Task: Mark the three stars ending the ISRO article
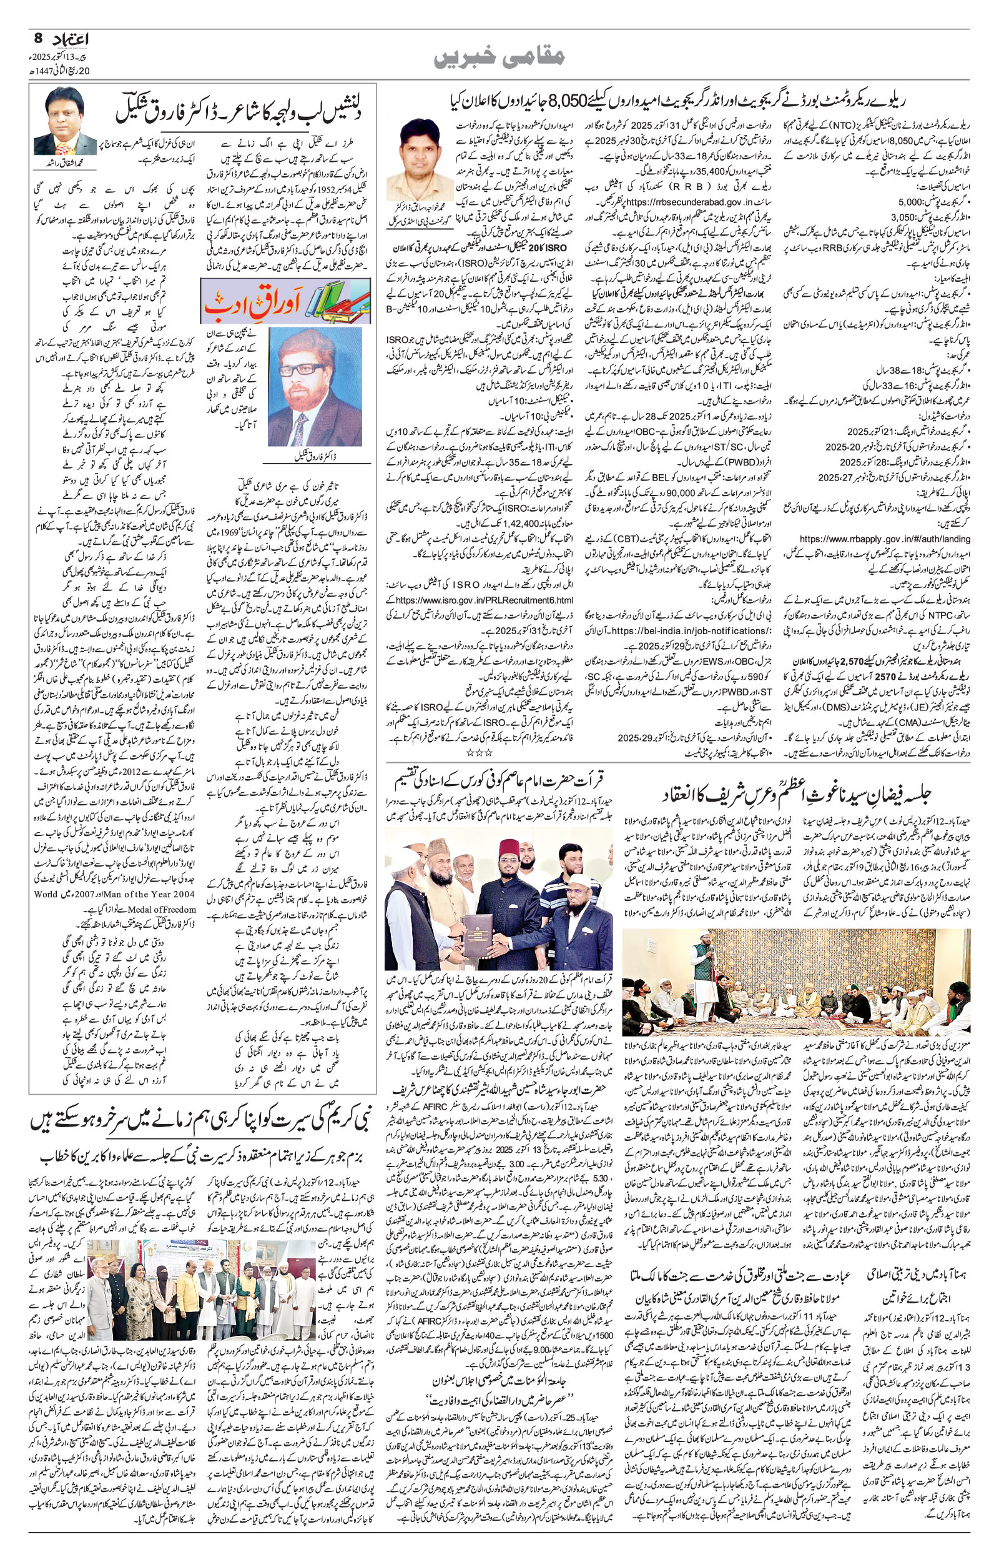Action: tap(480, 752)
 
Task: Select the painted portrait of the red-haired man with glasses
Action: tap(314, 387)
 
